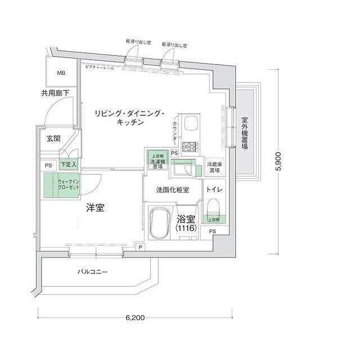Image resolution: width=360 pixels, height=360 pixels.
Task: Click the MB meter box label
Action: (x=60, y=73)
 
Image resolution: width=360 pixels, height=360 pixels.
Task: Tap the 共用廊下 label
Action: (x=55, y=93)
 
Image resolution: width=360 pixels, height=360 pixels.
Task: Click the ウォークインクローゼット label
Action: (x=69, y=184)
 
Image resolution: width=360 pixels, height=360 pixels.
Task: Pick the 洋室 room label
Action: (x=94, y=208)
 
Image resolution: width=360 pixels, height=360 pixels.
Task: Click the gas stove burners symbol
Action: (x=190, y=147)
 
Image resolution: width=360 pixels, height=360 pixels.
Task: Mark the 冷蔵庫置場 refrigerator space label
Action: (x=214, y=167)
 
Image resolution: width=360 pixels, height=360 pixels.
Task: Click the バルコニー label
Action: (x=92, y=273)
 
